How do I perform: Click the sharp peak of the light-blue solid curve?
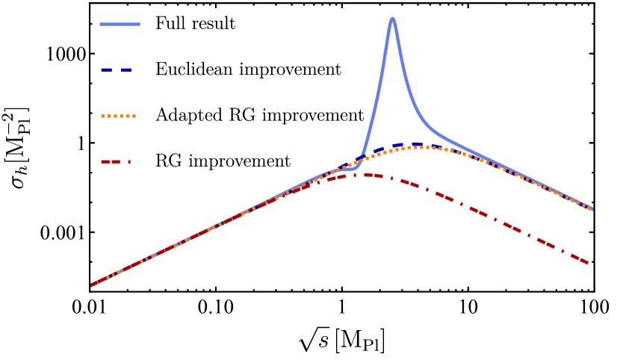pos(392,19)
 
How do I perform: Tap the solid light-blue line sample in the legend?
pos(120,25)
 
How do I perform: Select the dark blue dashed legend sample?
pos(117,70)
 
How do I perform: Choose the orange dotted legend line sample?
pos(120,116)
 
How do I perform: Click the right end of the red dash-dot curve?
pos(589,263)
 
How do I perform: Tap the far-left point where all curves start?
pos(92,285)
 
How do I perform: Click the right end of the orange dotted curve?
pos(592,209)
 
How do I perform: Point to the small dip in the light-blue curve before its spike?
pos(350,169)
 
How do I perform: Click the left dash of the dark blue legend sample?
pos(106,70)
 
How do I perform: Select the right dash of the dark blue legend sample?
pos(126,70)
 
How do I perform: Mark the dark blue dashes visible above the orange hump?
pos(407,144)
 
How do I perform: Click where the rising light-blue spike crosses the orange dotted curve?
pos(360,160)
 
